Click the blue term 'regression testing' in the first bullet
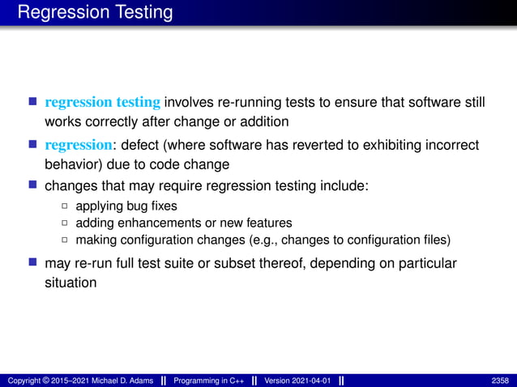point(104,102)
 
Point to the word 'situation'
point(70,283)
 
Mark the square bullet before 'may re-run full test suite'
point(33,264)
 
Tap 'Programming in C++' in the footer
point(207,381)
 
